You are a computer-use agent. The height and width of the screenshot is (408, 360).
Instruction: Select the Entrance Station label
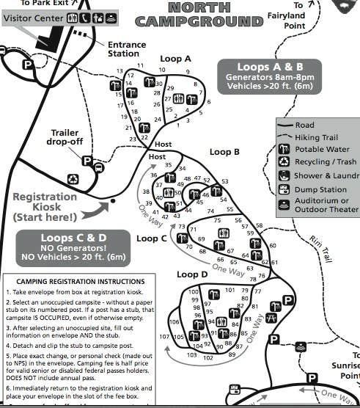pyautogui.click(x=123, y=48)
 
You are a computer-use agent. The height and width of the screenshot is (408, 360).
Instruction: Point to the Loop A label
pyautogui.click(x=177, y=59)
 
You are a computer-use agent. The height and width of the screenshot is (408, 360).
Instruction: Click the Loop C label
pyautogui.click(x=152, y=238)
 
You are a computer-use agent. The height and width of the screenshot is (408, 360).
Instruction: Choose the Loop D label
pyautogui.click(x=192, y=274)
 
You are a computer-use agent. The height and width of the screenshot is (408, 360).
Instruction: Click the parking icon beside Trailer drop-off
pyautogui.click(x=87, y=160)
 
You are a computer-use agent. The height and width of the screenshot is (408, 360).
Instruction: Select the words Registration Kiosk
pyautogui.click(x=45, y=202)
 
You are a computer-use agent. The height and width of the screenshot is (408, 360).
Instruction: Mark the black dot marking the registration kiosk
pyautogui.click(x=112, y=200)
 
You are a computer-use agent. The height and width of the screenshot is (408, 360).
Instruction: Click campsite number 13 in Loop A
pyautogui.click(x=120, y=71)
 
